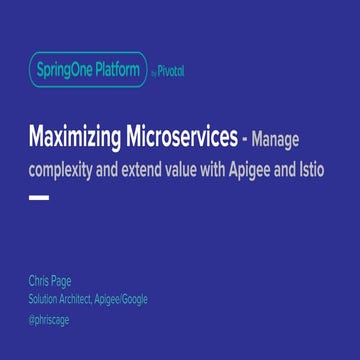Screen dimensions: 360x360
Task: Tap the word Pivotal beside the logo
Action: (x=170, y=71)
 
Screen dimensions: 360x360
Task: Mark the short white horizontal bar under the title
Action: (x=39, y=198)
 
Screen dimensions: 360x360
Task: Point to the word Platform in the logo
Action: (x=117, y=70)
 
